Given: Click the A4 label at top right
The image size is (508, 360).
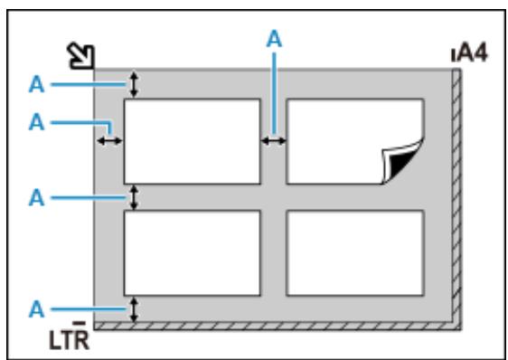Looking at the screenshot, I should [471, 53].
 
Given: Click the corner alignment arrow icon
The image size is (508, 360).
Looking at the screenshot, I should [82, 56].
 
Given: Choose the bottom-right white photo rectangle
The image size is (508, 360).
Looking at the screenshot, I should [354, 252].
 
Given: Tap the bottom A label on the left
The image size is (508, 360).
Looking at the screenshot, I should [36, 309].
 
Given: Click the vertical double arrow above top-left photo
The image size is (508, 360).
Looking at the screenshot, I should [135, 85].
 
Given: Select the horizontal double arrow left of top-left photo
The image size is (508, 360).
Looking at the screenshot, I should [110, 140].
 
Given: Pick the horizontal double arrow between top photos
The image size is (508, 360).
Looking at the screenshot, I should [273, 140].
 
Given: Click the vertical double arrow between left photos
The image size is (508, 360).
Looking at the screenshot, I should [135, 197].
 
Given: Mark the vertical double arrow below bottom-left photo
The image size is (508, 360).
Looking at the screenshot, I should [135, 308].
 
